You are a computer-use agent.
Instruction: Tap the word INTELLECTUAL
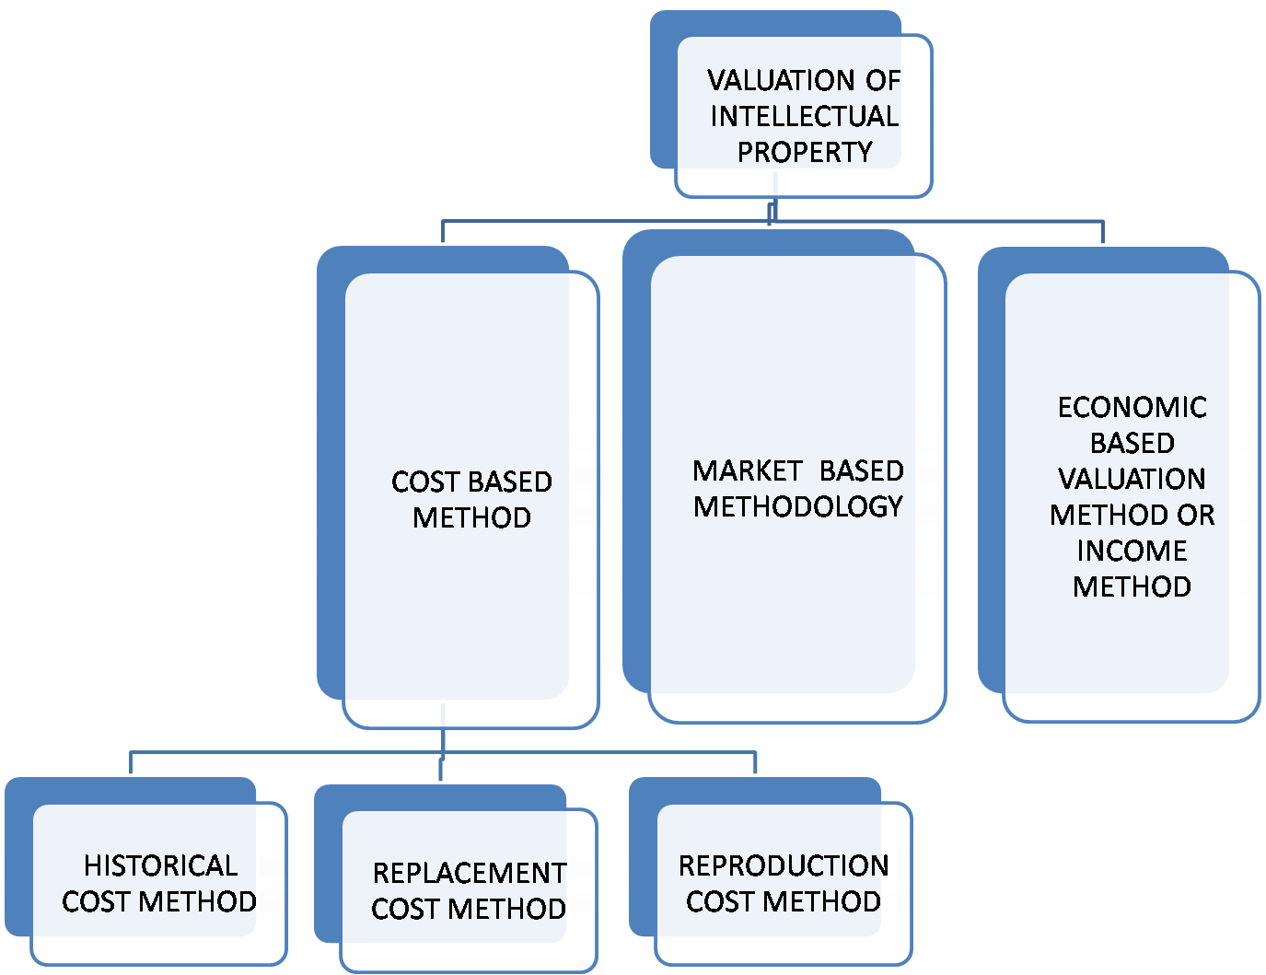[x=804, y=116]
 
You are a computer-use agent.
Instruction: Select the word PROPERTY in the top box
[x=804, y=152]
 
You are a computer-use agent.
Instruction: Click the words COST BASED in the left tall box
[x=471, y=482]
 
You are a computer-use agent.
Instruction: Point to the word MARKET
[x=747, y=470]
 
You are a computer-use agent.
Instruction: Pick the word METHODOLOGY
[x=797, y=506]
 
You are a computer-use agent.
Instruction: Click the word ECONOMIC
[x=1132, y=407]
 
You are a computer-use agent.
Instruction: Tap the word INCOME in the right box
[x=1132, y=551]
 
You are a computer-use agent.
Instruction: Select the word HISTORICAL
[x=160, y=865]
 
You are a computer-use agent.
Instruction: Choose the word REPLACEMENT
[x=470, y=873]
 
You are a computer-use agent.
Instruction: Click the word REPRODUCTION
[x=784, y=865]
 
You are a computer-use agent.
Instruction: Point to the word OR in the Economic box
[x=1196, y=515]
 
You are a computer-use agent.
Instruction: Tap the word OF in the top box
[x=882, y=81]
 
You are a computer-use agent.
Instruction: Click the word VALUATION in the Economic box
[x=1132, y=479]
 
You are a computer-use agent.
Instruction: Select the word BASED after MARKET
[x=861, y=470]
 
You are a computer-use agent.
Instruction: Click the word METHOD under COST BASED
[x=471, y=517]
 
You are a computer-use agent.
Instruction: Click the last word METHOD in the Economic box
[x=1132, y=586]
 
